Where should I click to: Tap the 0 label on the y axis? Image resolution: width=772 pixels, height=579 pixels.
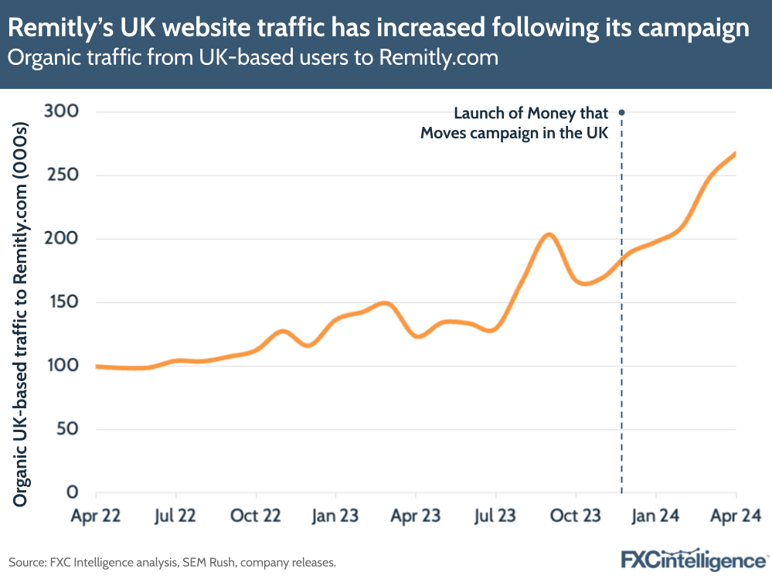coord(73,492)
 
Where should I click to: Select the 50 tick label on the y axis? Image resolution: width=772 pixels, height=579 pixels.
coord(68,429)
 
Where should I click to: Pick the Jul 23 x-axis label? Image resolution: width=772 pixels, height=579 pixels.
coord(495,515)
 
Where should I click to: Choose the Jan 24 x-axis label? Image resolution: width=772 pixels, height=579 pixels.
coord(655,515)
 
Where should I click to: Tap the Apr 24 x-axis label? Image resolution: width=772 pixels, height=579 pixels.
coord(735,515)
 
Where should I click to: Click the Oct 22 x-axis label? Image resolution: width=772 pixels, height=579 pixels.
coord(256,515)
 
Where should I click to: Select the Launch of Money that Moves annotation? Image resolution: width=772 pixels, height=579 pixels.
coord(515,123)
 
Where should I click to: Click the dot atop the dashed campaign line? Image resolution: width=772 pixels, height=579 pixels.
coord(621,112)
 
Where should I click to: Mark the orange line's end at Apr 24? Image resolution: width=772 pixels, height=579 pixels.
coord(734,154)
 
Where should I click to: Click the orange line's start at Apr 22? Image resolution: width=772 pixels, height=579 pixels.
coord(97,366)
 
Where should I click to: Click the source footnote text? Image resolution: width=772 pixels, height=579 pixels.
coord(172,563)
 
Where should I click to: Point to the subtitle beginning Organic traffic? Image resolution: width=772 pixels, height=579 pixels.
coord(253,57)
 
